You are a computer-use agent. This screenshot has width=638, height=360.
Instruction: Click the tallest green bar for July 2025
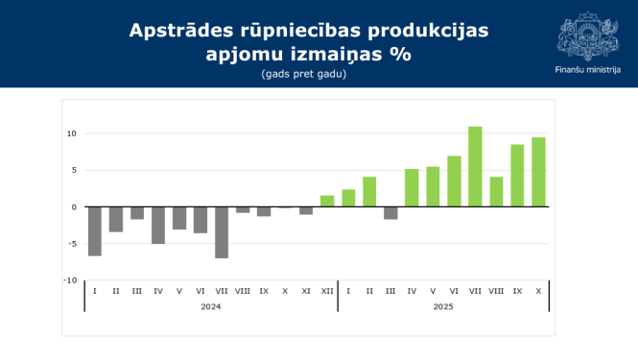[475, 166]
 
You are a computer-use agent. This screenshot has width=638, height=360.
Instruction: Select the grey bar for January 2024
[95, 231]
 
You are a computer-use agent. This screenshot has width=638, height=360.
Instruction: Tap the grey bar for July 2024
[222, 232]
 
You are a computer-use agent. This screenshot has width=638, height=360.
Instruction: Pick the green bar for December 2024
[327, 202]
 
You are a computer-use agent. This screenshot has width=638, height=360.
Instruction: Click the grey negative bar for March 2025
[390, 213]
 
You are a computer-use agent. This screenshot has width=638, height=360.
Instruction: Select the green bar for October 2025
[538, 172]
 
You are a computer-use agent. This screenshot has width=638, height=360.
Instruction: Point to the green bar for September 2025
[517, 176]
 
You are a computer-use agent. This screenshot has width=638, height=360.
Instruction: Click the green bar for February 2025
[369, 192]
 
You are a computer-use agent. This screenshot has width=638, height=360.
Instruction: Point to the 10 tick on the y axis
[71, 133]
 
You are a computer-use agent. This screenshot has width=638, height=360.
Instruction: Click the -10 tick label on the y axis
[70, 280]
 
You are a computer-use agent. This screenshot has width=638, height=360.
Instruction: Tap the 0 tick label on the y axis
[73, 207]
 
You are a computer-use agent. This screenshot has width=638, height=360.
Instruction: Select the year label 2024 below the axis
[211, 307]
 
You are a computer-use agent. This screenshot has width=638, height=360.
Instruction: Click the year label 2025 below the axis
[443, 307]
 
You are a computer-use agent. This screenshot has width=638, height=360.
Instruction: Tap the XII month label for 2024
[327, 291]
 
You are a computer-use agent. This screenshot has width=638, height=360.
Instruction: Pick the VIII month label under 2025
[496, 291]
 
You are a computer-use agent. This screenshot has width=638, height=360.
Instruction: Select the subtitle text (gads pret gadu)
[303, 74]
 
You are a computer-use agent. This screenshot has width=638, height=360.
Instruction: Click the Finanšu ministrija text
[587, 69]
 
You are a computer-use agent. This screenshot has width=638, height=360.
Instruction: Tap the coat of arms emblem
[587, 36]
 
